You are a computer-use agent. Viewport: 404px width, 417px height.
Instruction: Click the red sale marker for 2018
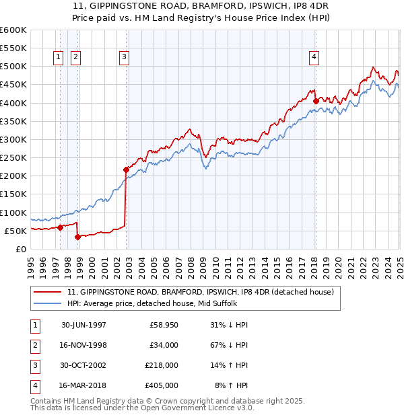(316, 102)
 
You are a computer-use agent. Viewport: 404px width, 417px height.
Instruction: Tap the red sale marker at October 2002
(126, 169)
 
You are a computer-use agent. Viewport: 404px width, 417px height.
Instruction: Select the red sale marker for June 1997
(60, 227)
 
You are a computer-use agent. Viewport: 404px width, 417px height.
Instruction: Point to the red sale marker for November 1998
(77, 237)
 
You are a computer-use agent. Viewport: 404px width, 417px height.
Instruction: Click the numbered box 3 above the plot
(125, 58)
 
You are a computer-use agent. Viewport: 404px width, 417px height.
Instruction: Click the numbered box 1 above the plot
(59, 58)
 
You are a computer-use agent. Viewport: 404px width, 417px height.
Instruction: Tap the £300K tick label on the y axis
(13, 139)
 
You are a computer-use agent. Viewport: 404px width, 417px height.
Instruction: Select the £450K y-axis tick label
(13, 84)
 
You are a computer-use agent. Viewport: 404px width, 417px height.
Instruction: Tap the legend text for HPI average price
(161, 303)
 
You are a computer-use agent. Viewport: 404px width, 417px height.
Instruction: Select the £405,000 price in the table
(162, 386)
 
